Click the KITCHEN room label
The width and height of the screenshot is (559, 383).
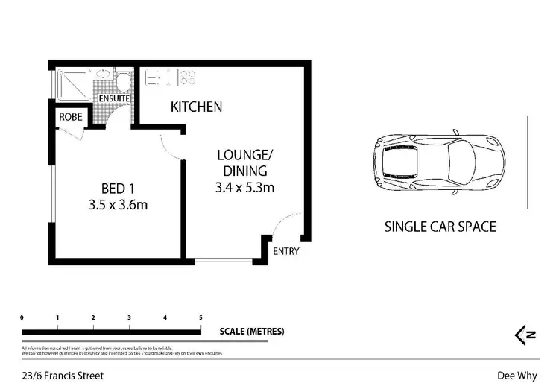pos(197,107)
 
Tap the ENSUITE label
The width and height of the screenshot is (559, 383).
pos(113,98)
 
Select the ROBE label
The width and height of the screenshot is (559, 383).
pos(71,117)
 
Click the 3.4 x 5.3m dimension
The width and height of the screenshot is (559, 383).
pos(245,187)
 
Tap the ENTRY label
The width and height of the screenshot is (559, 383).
pos(286,251)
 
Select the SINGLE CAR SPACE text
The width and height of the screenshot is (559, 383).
pos(440,227)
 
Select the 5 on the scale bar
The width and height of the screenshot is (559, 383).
pos(200,318)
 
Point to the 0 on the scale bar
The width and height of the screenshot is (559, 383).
pos(22,318)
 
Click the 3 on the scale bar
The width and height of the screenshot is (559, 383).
pos(129,318)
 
